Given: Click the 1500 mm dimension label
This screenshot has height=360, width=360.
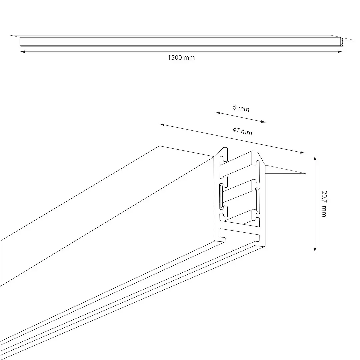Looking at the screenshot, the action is point(181,58).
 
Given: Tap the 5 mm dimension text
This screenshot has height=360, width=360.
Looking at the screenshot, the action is point(241,108).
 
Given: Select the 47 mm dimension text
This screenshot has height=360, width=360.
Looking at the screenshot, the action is point(242,131).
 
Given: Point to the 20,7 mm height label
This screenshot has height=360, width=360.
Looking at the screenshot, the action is point(324,204).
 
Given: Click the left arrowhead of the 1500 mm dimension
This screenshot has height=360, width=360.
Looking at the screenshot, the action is point(22,52).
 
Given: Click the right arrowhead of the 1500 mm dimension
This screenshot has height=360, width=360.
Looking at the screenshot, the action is point(340,52).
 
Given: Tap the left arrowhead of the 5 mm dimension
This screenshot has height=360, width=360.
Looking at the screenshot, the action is point(218,113).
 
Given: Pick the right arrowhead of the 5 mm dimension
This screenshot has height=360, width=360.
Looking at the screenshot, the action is point(263,121).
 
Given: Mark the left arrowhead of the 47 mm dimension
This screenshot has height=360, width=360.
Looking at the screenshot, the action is point(162,125).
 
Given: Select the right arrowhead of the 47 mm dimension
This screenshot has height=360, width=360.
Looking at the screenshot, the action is point(303,152).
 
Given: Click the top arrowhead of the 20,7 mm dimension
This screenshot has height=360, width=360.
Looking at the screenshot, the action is point(315,158).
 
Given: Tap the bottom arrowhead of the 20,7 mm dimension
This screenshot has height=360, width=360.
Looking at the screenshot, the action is point(315,250).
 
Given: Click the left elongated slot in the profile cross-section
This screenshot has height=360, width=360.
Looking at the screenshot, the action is point(221,196).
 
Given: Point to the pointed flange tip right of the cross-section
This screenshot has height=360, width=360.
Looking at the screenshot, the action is point(305,173).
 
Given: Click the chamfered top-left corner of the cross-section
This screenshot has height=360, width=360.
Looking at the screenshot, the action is point(219,152).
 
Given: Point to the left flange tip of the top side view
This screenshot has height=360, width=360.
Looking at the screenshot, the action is point(11,35).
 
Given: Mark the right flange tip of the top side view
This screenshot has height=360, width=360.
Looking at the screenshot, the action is point(352,40).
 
